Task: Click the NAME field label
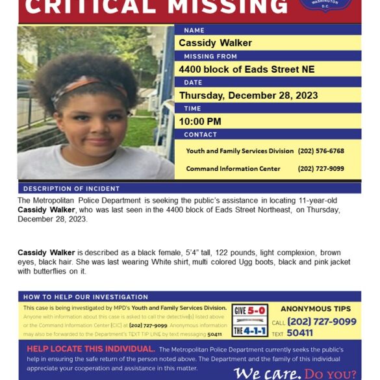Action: tap(194, 30)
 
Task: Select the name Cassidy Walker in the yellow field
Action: tap(215, 43)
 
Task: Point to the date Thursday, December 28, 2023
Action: tap(248, 95)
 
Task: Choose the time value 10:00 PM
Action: tap(200, 121)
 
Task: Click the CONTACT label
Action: tap(200, 134)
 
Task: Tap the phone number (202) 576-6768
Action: tap(321, 151)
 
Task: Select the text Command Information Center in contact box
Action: tap(233, 169)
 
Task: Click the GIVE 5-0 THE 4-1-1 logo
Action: tap(249, 320)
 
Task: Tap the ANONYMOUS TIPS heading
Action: tap(316, 309)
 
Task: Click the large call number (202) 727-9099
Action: tap(322, 322)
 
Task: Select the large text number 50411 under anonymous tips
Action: tap(300, 333)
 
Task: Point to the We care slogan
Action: tap(267, 374)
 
